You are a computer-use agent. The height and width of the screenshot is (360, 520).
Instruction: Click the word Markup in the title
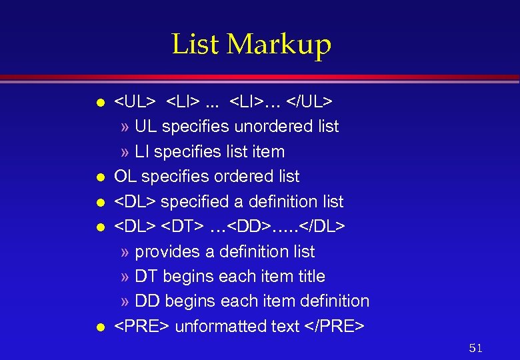[x=279, y=45]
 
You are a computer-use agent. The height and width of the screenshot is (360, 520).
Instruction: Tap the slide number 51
[x=475, y=348]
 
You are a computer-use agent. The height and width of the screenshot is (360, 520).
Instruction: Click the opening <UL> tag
[x=135, y=101]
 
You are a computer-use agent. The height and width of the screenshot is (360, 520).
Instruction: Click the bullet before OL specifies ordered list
[x=99, y=177]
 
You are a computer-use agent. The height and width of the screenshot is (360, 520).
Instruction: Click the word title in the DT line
[x=309, y=276]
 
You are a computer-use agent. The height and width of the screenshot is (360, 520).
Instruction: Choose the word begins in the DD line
[x=189, y=301]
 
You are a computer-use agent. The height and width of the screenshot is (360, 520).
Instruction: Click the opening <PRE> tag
[x=142, y=326]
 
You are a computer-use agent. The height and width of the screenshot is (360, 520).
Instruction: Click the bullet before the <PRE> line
[x=99, y=327]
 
